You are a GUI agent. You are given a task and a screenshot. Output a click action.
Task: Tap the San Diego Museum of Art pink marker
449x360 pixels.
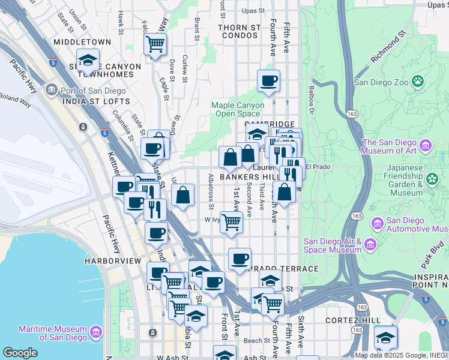[x=426, y=145]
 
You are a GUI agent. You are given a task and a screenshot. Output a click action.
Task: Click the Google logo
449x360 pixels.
[x=20, y=353]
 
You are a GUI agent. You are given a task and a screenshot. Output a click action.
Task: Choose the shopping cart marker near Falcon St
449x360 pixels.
[x=155, y=44]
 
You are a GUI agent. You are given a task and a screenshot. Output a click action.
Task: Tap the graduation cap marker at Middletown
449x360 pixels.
[x=88, y=61]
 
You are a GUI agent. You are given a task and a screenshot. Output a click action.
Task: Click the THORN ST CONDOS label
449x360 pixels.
[x=239, y=31]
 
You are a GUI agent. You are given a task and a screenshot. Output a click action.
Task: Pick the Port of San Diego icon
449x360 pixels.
[x=52, y=91]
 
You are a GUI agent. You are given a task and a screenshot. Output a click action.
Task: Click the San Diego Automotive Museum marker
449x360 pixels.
[x=378, y=224]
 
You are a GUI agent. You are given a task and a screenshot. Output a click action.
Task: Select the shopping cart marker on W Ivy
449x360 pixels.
[x=231, y=221]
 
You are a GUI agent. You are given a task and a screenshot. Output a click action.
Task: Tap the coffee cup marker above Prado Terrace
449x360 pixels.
[x=240, y=259]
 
